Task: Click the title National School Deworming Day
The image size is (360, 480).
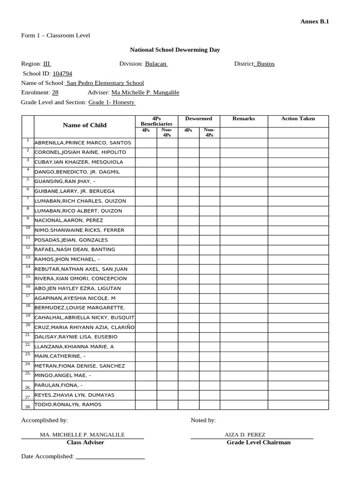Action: click(175, 50)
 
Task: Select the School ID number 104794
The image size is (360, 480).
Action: click(62, 74)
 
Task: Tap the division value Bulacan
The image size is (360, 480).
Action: click(156, 64)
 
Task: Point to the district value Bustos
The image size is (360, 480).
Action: click(265, 64)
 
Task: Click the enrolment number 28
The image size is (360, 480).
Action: click(55, 93)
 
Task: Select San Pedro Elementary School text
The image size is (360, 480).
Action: click(105, 83)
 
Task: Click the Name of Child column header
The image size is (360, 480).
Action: click(85, 125)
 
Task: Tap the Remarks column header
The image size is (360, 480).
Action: click(243, 119)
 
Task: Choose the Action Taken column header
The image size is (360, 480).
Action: click(298, 119)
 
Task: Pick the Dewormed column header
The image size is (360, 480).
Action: click(199, 119)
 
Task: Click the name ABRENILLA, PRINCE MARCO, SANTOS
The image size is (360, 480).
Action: click(82, 142)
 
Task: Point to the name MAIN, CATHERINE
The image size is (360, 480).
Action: click(60, 356)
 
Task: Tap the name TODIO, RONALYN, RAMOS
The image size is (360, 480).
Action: click(67, 405)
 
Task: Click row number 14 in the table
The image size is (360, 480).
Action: click(28, 267)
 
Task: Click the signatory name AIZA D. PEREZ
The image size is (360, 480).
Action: click(245, 435)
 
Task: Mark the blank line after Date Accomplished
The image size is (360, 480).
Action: click(110, 457)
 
